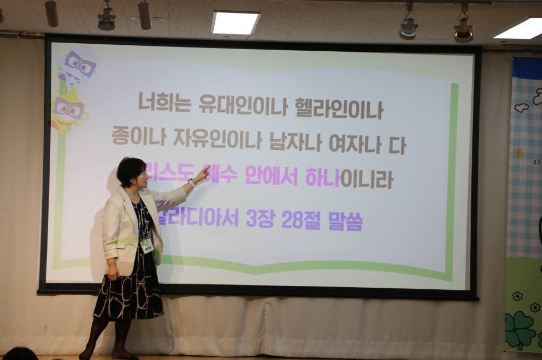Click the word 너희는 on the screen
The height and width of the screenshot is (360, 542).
coord(164,103)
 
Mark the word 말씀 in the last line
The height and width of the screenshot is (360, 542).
coord(345,221)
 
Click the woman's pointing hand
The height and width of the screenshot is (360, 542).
coord(203,173)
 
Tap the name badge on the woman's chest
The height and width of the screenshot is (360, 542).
coord(146,245)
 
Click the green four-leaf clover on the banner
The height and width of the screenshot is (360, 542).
coord(520,329)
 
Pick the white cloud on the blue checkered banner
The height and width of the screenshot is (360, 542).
coord(521,107)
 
